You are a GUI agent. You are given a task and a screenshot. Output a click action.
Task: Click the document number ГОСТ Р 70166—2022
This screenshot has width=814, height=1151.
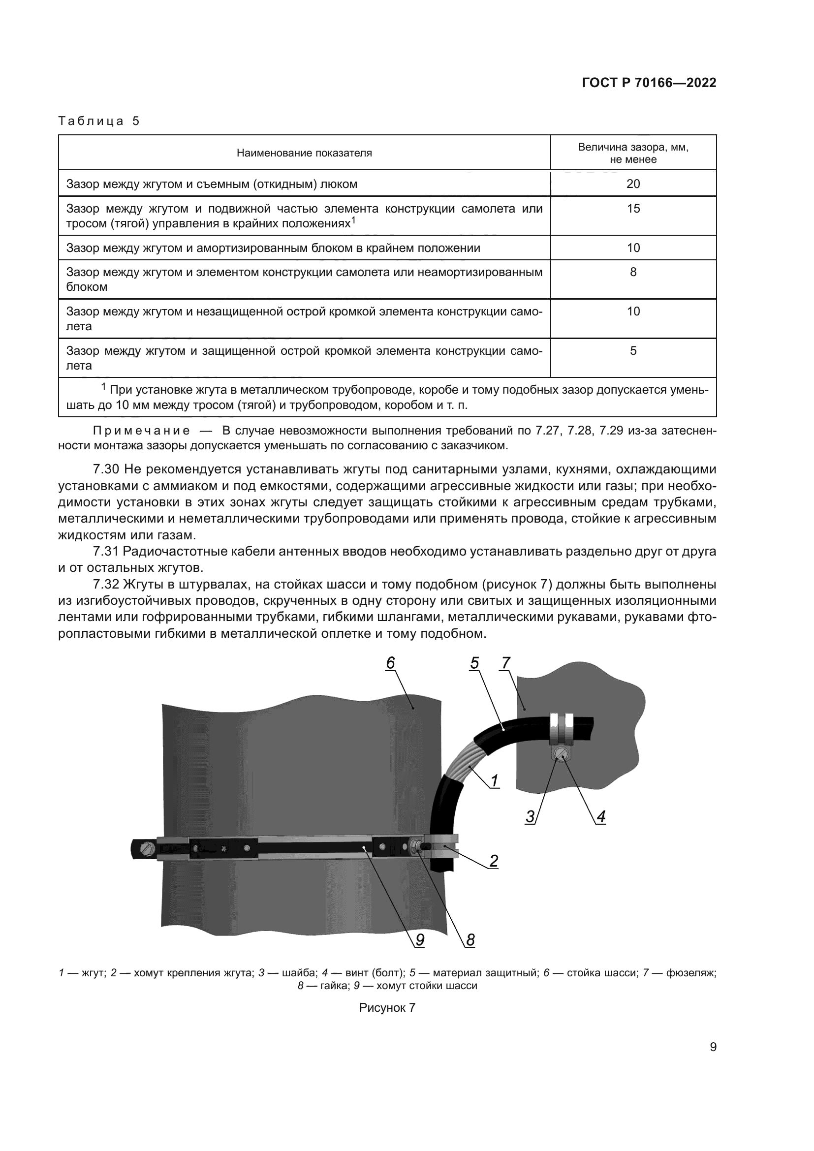[x=649, y=83]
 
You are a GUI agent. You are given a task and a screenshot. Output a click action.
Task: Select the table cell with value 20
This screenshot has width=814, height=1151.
[x=633, y=184]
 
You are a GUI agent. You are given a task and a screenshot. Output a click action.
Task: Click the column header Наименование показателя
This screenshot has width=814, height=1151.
[x=304, y=153]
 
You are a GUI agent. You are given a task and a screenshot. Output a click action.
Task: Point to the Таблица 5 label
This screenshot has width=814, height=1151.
[x=99, y=121]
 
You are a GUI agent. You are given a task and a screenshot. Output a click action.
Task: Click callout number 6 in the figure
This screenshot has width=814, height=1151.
[x=390, y=663]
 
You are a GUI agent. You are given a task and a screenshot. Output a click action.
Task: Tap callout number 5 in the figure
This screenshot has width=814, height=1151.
[x=474, y=663]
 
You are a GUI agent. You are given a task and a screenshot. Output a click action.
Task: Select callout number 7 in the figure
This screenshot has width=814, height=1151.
[x=506, y=663]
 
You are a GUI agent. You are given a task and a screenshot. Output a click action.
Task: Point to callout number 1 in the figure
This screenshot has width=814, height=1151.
[x=494, y=780]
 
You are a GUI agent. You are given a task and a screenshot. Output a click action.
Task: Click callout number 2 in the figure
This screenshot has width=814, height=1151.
[x=494, y=860]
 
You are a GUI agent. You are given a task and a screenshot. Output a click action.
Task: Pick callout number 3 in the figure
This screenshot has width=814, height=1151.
[x=531, y=817]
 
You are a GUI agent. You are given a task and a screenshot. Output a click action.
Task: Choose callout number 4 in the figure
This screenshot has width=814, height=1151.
[x=600, y=817]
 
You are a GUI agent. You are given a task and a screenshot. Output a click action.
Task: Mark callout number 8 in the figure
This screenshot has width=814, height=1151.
[x=470, y=940]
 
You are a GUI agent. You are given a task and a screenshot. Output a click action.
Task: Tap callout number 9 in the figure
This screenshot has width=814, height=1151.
[x=420, y=940]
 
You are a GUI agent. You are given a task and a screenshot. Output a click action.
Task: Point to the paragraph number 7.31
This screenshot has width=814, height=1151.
[x=106, y=552]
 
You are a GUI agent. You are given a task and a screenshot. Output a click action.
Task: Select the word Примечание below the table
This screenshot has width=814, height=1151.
[x=142, y=431]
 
